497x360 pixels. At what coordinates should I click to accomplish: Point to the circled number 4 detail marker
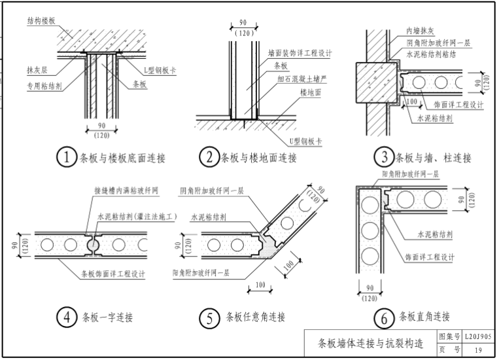click(67, 318)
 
